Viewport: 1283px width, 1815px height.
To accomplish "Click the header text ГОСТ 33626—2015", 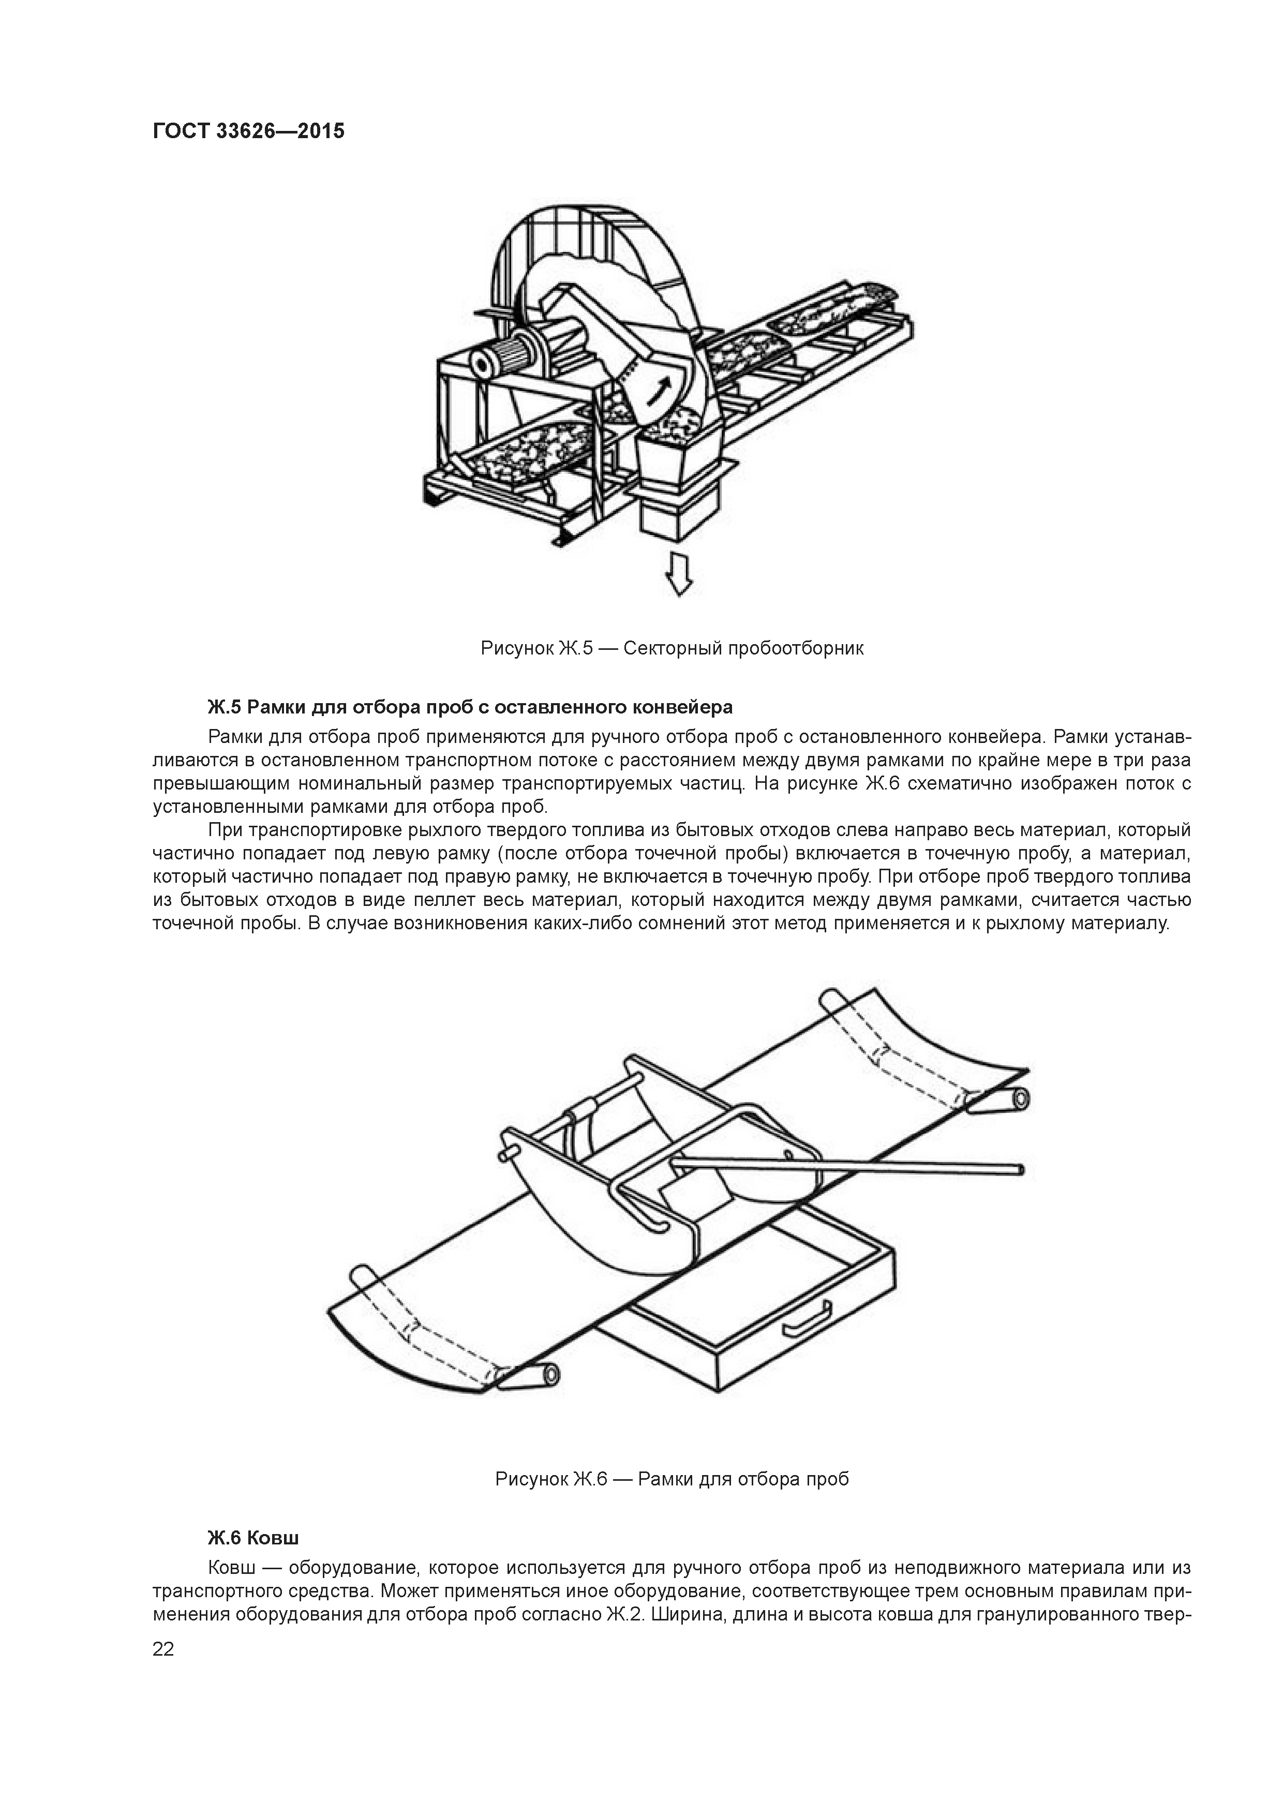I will coord(248,131).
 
